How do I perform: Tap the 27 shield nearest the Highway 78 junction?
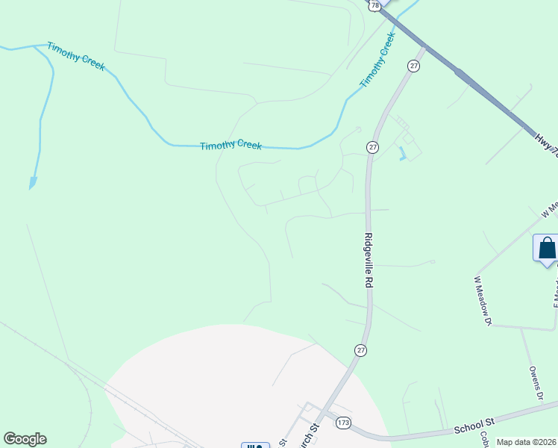tap(414, 66)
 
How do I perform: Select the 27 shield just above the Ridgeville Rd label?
tap(372, 148)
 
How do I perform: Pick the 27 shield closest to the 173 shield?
tap(361, 350)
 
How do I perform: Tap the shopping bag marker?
tap(547, 249)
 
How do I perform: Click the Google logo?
tap(25, 439)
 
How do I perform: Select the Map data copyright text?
tap(527, 442)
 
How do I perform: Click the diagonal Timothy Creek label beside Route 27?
tap(377, 60)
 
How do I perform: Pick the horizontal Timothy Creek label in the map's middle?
tap(231, 145)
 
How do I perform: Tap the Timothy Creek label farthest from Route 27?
tap(76, 57)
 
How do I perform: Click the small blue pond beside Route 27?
tap(404, 155)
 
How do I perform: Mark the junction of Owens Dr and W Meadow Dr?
tap(521, 328)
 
